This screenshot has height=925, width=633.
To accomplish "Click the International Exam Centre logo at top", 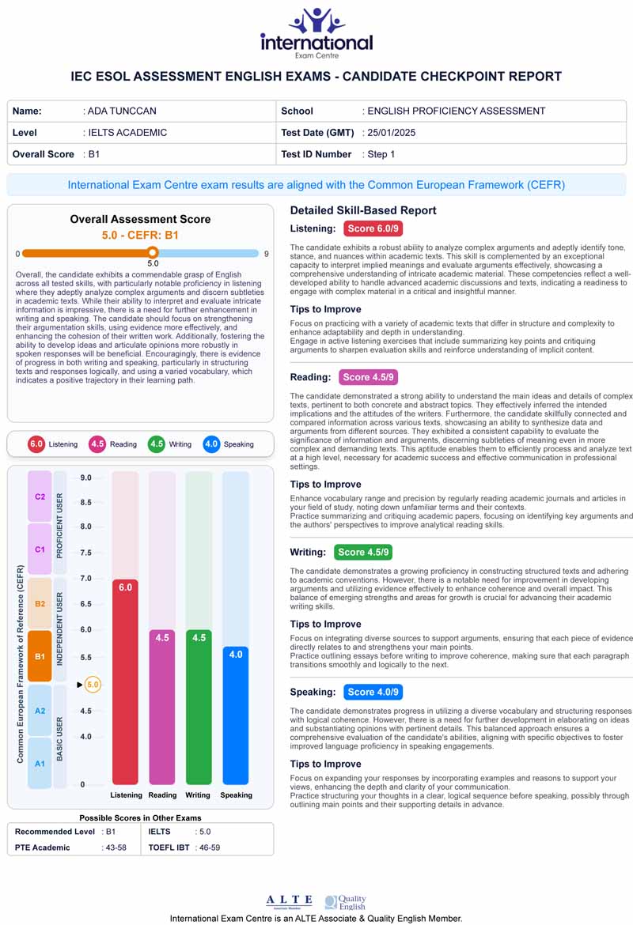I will [316, 33].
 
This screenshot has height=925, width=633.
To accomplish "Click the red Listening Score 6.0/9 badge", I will [373, 228].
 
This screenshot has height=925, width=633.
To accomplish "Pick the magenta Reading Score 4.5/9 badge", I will [368, 377].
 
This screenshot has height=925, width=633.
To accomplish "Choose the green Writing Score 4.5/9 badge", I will [363, 552].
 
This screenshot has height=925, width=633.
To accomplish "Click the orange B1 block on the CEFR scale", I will [40, 656].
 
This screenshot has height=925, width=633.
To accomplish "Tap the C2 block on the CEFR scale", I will [40, 496].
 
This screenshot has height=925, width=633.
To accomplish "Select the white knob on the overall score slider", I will [153, 253].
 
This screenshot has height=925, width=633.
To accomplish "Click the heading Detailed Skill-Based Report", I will [363, 210].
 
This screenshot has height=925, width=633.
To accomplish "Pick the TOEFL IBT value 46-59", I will [210, 848].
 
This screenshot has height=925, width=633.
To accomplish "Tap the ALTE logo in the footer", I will [289, 901].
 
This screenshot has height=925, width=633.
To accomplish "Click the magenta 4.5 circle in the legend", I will [97, 444].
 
